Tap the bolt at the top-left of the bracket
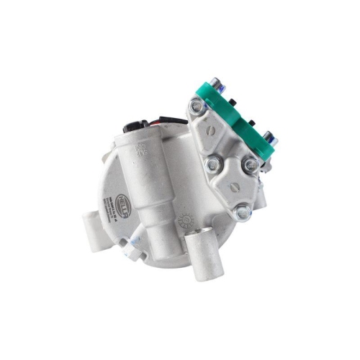[x=196, y=107]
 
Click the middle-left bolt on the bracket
[x=213, y=166]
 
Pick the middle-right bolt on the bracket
[x=251, y=166]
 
